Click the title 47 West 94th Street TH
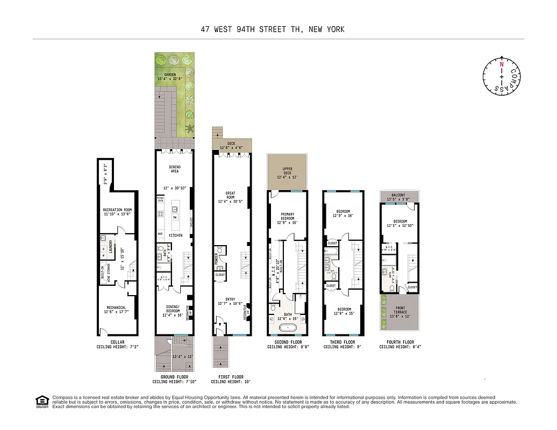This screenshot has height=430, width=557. [272, 29]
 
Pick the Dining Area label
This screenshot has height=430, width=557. [175, 169]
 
